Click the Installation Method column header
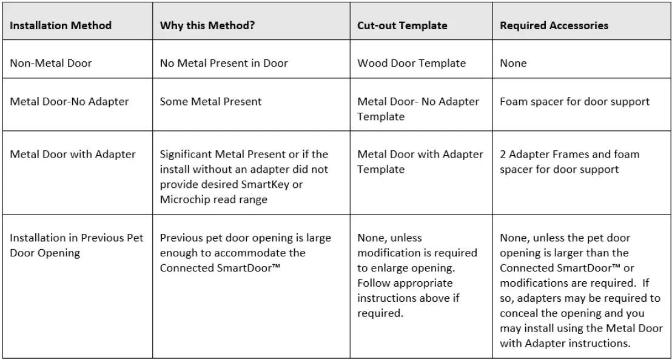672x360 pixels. (61, 25)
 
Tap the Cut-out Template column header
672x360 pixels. (402, 25)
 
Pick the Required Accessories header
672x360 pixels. (554, 25)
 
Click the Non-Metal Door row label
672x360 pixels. (51, 63)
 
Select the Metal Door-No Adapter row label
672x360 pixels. (69, 101)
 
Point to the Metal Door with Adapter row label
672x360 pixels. (73, 154)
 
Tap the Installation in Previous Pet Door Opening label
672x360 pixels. (76, 245)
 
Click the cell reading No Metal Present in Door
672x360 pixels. (224, 63)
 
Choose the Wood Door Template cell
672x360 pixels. (411, 63)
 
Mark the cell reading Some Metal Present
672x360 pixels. (210, 101)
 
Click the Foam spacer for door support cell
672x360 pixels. (574, 101)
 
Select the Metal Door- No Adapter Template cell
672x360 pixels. (418, 108)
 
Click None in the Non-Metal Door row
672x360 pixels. (513, 63)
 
